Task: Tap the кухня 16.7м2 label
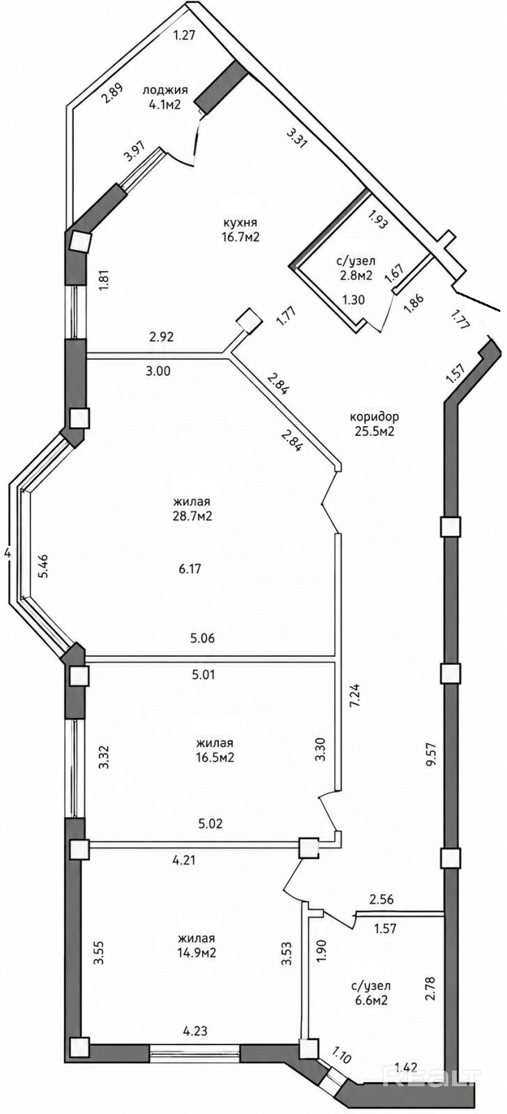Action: point(242,229)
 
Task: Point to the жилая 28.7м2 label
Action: point(192,509)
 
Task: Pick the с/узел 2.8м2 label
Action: point(356,269)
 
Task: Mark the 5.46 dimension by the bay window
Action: point(45,564)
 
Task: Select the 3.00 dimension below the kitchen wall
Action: point(159,370)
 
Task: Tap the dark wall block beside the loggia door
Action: point(221,88)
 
